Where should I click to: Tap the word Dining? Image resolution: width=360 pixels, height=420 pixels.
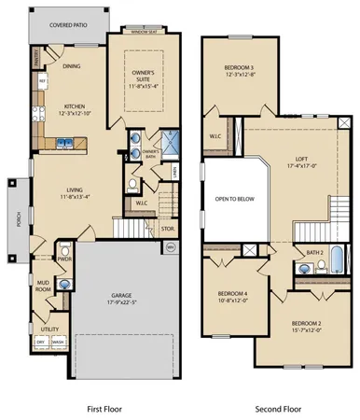tap(72, 66)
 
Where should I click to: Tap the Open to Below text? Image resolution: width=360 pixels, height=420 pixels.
tap(234, 200)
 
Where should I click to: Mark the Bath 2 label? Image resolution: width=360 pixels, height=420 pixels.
tap(314, 253)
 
